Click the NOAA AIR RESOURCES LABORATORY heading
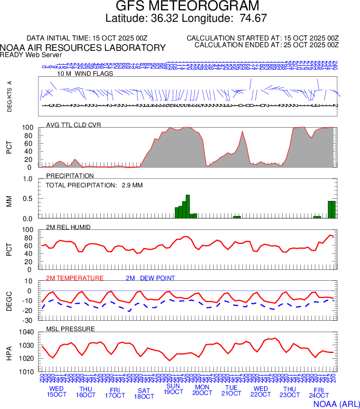(x=83, y=48)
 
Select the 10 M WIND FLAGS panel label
(x=85, y=74)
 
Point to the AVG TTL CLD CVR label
(x=74, y=125)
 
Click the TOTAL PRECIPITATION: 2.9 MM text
(x=94, y=185)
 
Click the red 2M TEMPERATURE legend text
(x=75, y=278)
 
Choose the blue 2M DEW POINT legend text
(x=150, y=278)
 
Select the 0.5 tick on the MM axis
(x=29, y=199)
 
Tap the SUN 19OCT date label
(x=173, y=389)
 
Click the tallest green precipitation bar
(x=188, y=206)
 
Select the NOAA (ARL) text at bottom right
(x=336, y=403)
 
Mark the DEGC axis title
(x=9, y=300)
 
